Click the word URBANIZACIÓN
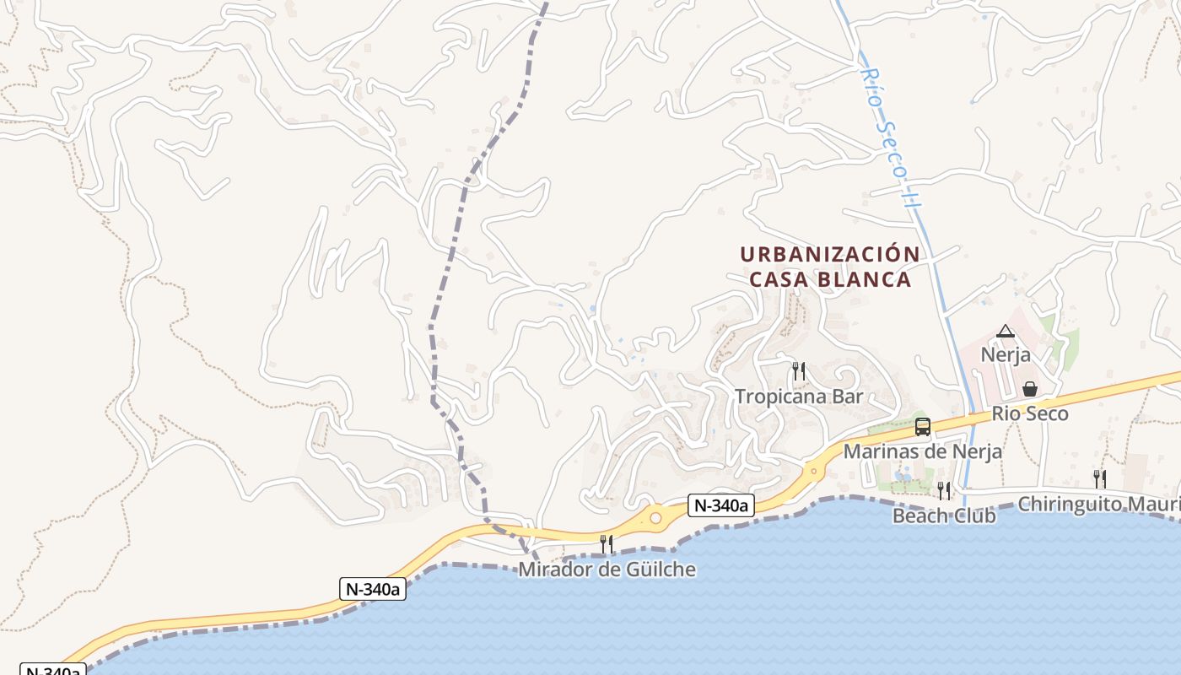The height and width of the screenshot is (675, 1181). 829,254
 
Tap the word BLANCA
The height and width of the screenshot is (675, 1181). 868,279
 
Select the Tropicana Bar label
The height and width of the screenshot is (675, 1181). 798,396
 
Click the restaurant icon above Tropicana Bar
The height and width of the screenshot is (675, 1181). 798,370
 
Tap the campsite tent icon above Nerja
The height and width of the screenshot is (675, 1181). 1004,332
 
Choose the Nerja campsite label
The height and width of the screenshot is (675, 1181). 1005,354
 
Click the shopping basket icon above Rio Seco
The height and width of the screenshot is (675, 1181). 1029,389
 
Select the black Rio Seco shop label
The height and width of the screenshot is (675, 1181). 1029,413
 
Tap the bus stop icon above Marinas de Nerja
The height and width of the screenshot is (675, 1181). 922,427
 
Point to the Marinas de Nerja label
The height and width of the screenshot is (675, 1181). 922,451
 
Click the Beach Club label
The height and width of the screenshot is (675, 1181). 944,515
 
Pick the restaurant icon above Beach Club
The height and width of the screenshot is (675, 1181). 944,490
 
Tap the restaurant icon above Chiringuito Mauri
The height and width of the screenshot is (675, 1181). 1099,478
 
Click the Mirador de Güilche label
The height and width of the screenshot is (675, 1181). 607,570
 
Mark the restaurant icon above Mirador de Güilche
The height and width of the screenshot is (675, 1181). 607,544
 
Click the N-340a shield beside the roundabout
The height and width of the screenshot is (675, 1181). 720,505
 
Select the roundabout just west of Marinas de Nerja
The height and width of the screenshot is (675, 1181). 813,470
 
